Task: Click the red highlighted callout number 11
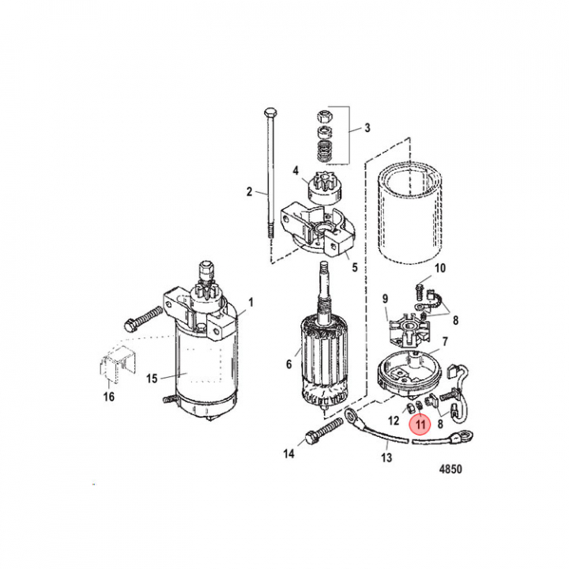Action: tap(420, 424)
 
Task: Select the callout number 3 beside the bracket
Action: tap(367, 128)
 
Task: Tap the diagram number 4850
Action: tap(450, 469)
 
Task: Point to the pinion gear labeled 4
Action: tap(325, 190)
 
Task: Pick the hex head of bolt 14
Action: tap(312, 439)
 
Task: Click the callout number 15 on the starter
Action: tap(152, 379)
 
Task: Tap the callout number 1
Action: tap(251, 302)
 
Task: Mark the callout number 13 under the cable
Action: tap(386, 458)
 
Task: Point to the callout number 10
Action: tap(440, 269)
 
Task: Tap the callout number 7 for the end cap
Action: tap(445, 341)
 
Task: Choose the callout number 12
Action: tap(394, 420)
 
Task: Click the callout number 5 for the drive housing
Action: tap(355, 267)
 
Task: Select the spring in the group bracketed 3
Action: tap(324, 151)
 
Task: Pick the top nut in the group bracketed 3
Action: tap(324, 116)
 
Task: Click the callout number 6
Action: tap(289, 364)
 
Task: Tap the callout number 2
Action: tap(249, 191)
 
